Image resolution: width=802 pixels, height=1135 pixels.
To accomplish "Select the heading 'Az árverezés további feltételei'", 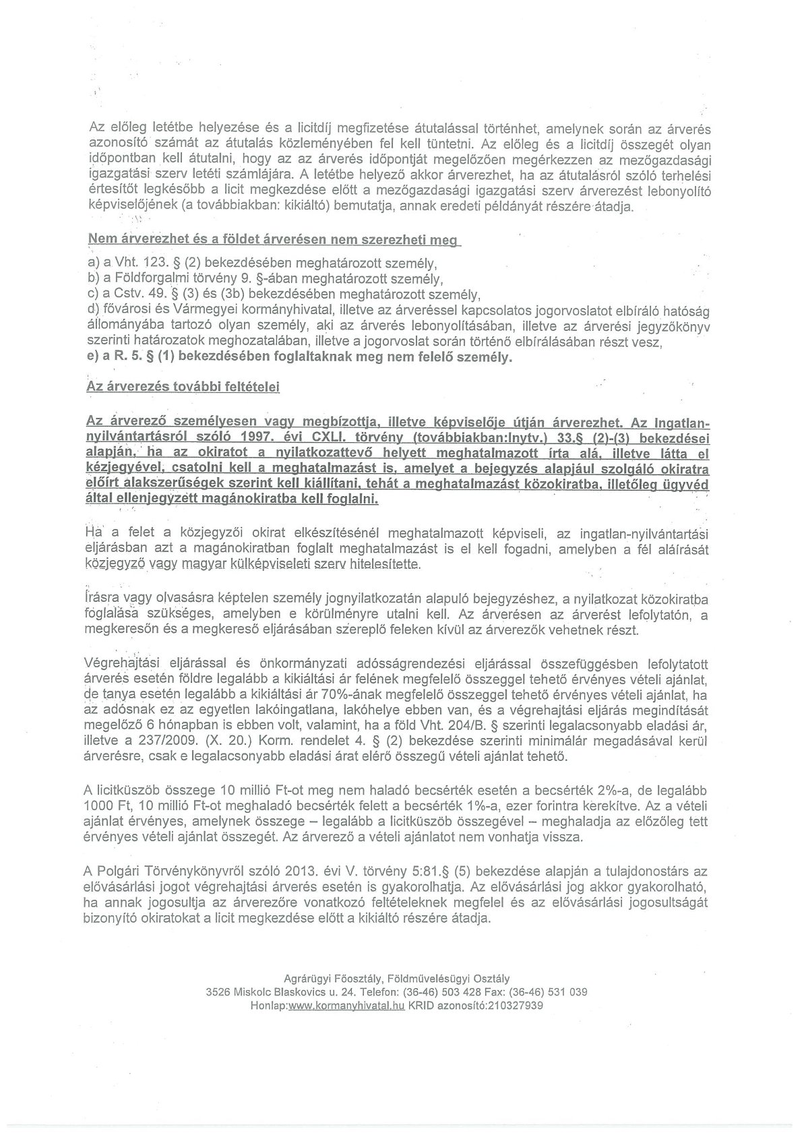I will coord(183,387).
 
